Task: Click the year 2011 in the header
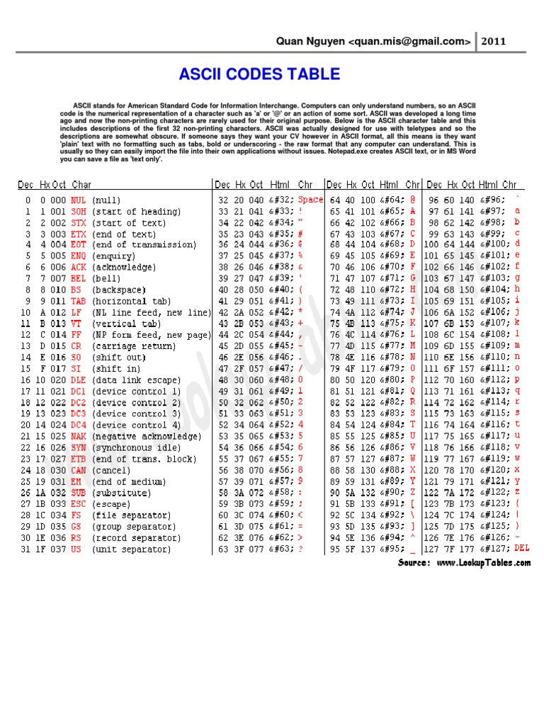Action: coord(494,41)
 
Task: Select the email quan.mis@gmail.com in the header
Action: coord(409,42)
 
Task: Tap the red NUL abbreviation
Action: coord(78,200)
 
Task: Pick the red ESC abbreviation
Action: coord(78,504)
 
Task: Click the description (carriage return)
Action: coord(133,346)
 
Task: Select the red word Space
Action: coord(310,200)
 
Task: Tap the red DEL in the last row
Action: coord(521,549)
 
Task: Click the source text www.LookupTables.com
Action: coord(483,564)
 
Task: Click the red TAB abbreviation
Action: coord(78,302)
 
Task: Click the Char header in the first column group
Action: coord(81,185)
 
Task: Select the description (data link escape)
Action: coord(136,380)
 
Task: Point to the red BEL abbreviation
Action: coord(78,279)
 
